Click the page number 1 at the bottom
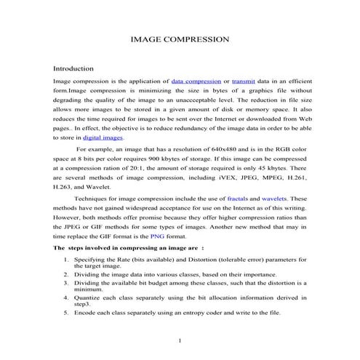pos(180,341)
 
